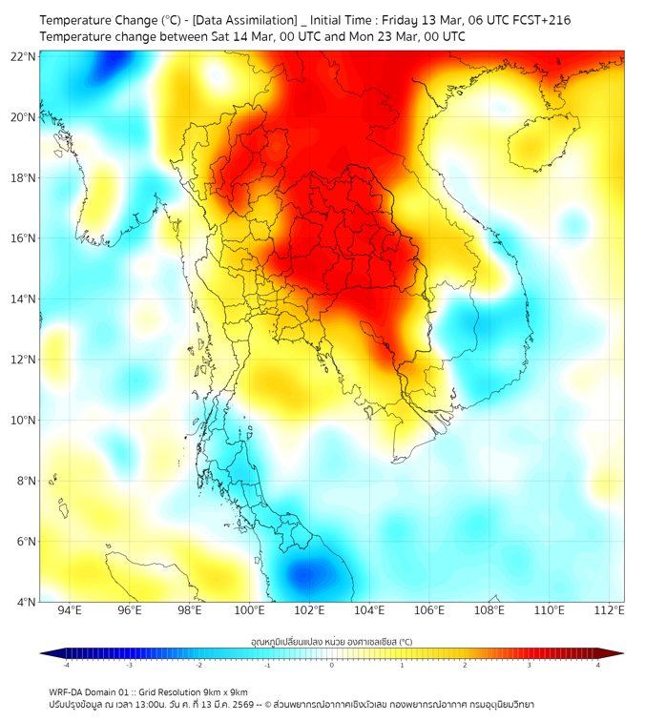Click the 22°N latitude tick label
(24, 56)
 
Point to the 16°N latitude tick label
(24, 238)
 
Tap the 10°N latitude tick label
(24, 421)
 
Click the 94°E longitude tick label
(70, 610)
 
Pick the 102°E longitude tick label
(309, 610)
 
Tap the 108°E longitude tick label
(489, 610)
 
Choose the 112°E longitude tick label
(609, 610)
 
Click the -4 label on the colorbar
(66, 665)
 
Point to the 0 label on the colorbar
(332, 665)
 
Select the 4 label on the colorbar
(597, 665)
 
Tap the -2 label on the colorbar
(198, 665)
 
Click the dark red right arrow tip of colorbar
(619, 653)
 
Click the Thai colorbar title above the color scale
(331, 642)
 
